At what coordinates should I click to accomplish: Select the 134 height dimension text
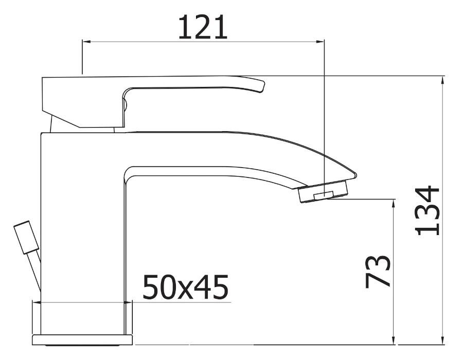pos(428,211)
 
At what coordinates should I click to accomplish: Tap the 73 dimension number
pos(378,271)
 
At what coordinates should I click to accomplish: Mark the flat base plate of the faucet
pos(82,339)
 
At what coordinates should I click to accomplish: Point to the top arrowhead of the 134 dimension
pos(444,80)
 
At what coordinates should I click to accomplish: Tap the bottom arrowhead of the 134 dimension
pos(444,340)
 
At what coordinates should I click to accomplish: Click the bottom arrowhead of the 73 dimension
pos(394,340)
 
